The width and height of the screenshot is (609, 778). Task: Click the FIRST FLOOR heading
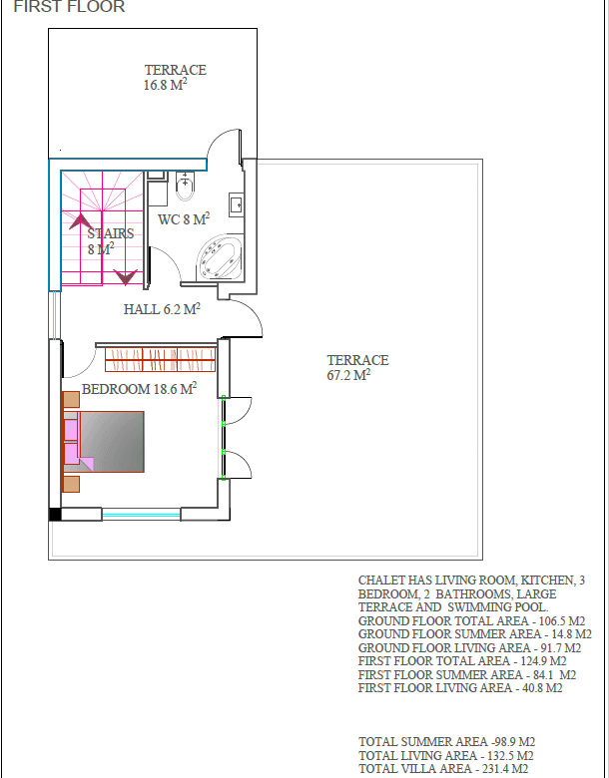click(x=69, y=6)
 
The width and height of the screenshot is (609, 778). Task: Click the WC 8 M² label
click(x=184, y=218)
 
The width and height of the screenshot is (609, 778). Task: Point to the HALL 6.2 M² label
click(x=162, y=308)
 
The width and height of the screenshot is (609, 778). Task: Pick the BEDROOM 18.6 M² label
click(x=139, y=389)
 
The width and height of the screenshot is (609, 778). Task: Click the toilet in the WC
click(x=185, y=187)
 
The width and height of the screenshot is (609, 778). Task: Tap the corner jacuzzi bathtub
click(x=220, y=258)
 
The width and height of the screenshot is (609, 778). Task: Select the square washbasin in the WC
click(x=236, y=204)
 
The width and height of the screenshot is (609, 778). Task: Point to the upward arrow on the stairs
click(x=81, y=221)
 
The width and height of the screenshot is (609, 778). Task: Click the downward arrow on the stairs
click(x=125, y=277)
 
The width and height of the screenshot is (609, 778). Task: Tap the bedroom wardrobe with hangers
click(x=161, y=360)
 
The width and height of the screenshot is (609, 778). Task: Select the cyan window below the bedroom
click(x=141, y=515)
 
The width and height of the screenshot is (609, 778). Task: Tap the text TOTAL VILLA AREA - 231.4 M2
click(x=443, y=769)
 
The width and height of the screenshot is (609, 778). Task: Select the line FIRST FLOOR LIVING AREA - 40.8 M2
click(x=460, y=687)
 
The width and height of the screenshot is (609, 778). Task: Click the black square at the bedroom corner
click(x=55, y=514)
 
